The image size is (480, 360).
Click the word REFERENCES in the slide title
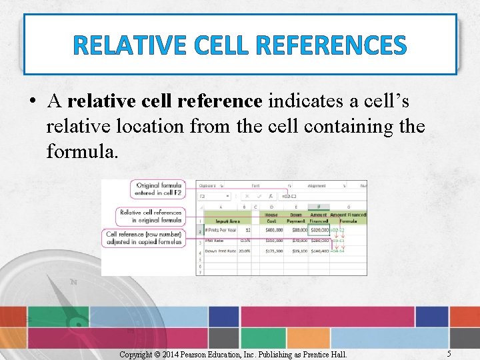(330, 45)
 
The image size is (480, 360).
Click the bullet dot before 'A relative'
(33, 102)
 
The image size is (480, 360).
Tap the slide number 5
(449, 353)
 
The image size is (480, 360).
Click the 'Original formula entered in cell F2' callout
(157, 189)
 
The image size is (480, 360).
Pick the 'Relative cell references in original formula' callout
(150, 216)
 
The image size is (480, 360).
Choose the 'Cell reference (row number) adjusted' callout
(144, 239)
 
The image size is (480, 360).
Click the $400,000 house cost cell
(271, 229)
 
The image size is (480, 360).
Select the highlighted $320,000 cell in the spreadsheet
(319, 229)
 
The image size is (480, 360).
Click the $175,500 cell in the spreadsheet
(271, 251)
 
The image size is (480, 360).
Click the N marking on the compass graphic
(73, 282)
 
